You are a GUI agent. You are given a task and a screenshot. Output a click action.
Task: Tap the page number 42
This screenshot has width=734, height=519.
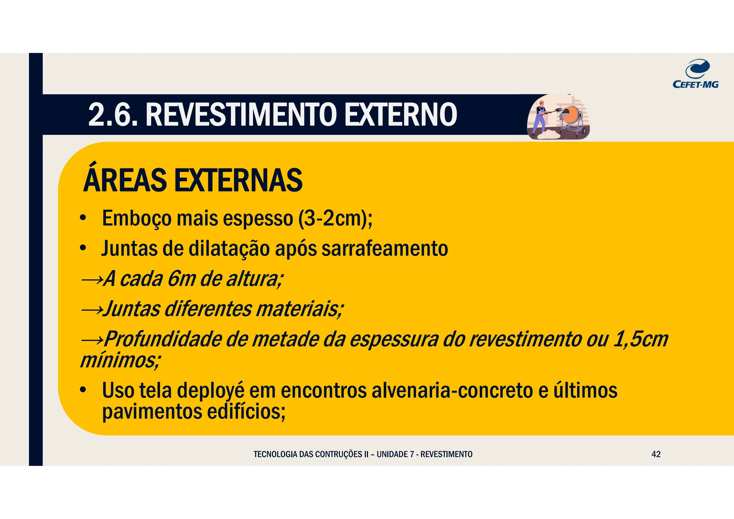[x=656, y=454]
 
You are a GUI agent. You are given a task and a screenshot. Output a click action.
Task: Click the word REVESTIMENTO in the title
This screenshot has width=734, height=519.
[x=241, y=115]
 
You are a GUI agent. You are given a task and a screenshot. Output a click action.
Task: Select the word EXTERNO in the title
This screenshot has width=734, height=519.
[x=400, y=115]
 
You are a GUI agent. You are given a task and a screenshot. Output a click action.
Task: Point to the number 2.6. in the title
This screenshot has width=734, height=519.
[x=113, y=115]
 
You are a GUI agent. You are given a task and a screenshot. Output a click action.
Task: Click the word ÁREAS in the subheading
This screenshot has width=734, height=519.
[x=125, y=180]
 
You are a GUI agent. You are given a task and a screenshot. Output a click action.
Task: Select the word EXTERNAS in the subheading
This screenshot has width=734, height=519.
[x=238, y=180]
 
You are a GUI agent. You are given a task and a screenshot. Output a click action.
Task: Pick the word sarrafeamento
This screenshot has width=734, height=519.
[x=385, y=248]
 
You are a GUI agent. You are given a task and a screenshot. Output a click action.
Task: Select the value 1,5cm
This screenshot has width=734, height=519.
[x=641, y=339]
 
